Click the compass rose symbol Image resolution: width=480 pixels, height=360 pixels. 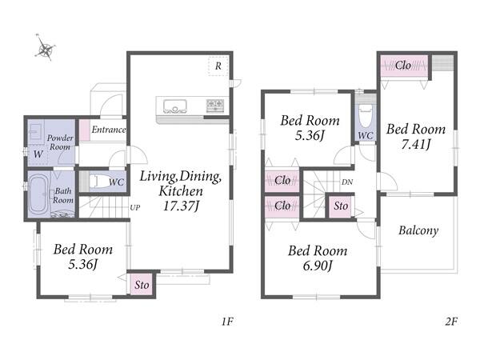46,49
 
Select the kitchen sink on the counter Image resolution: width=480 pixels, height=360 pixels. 174,106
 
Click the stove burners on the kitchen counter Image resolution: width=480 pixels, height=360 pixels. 215,106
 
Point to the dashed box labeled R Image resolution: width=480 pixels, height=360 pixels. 218,66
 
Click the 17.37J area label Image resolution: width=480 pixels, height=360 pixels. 182,206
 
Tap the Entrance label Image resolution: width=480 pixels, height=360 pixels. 109,130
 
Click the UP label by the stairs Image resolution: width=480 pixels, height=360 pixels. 135,207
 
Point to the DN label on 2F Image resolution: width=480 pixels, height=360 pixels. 347,182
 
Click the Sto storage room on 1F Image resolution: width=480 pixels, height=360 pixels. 142,285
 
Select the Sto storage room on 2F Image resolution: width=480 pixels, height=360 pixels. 341,206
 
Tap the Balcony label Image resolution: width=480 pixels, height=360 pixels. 418,230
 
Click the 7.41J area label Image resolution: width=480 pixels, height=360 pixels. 416,144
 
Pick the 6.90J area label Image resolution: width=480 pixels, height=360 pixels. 318,266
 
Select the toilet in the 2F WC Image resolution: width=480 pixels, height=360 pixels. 366,116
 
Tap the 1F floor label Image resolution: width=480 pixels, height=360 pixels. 227,322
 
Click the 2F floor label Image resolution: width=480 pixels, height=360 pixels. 451,322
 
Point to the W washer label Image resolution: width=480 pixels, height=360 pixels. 38,154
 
